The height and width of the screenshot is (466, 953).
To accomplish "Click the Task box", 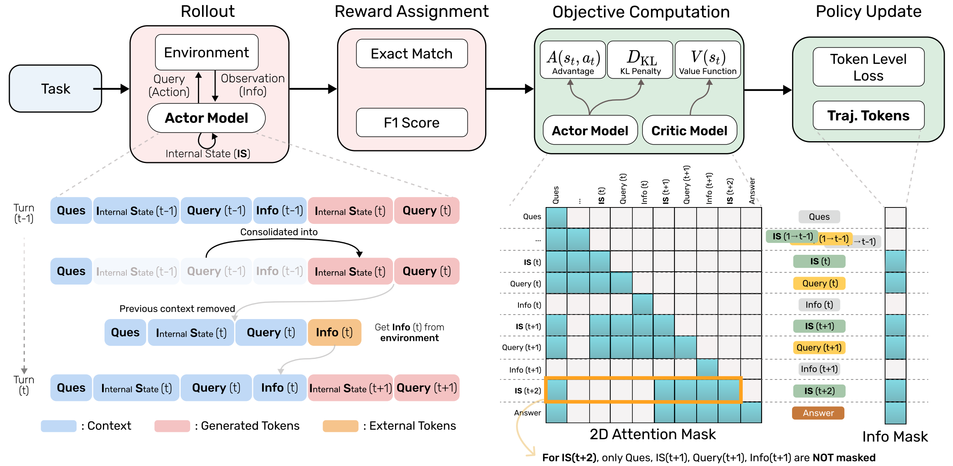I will [x=55, y=89].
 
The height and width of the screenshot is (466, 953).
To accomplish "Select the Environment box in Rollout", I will [x=207, y=52].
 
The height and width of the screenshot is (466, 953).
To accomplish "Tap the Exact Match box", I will [x=411, y=54].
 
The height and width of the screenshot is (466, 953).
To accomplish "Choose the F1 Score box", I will [x=411, y=122].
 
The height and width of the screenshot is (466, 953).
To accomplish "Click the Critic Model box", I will [x=689, y=130].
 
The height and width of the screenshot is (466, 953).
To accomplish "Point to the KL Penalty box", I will [x=640, y=60].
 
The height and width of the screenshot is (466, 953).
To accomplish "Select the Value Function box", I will [x=707, y=60].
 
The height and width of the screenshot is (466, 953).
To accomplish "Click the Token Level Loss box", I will [x=868, y=67].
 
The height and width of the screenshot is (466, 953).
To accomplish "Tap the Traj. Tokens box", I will [x=868, y=116].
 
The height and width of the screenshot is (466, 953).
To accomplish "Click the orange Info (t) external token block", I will [x=334, y=332].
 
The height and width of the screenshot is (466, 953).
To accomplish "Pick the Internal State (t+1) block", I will [x=351, y=388].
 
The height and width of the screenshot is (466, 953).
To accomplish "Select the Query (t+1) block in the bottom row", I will [x=427, y=388].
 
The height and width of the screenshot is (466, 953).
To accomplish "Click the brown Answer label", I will [x=818, y=413].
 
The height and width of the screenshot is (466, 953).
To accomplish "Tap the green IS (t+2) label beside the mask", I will [x=819, y=391].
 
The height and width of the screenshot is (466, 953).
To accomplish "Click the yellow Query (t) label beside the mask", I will [x=819, y=283].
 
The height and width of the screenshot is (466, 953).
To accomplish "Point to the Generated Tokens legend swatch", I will [x=172, y=426].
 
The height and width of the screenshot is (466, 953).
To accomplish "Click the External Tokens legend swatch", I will [x=340, y=426].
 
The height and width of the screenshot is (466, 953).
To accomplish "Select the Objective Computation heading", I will [x=641, y=12].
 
